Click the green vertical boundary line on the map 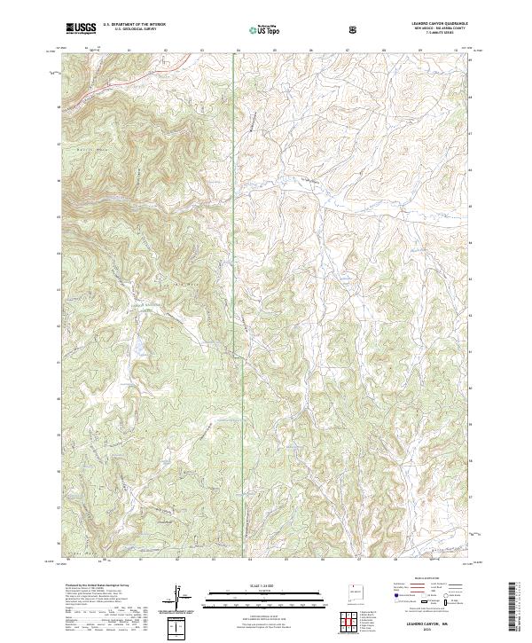[233, 177]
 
